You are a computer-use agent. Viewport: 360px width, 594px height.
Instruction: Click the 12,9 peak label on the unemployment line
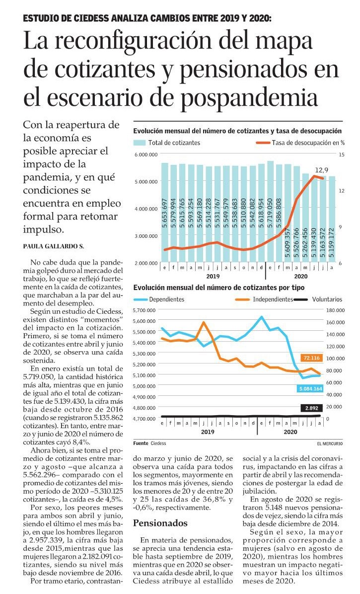pos(321,170)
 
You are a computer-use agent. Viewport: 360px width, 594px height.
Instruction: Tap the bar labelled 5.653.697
pos(165,212)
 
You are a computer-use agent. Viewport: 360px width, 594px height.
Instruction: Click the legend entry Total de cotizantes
pos(166,143)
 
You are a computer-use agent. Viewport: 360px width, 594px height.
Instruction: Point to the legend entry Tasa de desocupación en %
pos(300,143)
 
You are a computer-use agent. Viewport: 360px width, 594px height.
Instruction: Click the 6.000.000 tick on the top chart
pos(146,154)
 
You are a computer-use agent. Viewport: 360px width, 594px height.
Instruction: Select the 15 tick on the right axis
pos(342,154)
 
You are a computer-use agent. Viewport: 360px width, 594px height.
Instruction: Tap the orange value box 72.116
pos(311,358)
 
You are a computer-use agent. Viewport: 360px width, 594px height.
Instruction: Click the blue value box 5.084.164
pos(310,389)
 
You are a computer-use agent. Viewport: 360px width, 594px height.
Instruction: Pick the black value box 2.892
pos(311,408)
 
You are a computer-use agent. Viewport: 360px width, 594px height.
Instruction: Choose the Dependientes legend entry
pos(159,299)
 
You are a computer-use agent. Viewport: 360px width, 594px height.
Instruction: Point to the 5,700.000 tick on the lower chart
pos(144,310)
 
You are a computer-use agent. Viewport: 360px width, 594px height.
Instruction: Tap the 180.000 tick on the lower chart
pos(335,310)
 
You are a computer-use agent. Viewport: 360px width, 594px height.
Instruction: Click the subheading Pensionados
pos(160,523)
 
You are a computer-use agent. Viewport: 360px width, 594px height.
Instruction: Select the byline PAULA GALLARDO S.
pos(53,246)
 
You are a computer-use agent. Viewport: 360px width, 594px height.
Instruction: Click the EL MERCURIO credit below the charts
pos(330,443)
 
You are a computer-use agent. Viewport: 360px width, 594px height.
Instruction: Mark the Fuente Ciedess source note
pos(149,443)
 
